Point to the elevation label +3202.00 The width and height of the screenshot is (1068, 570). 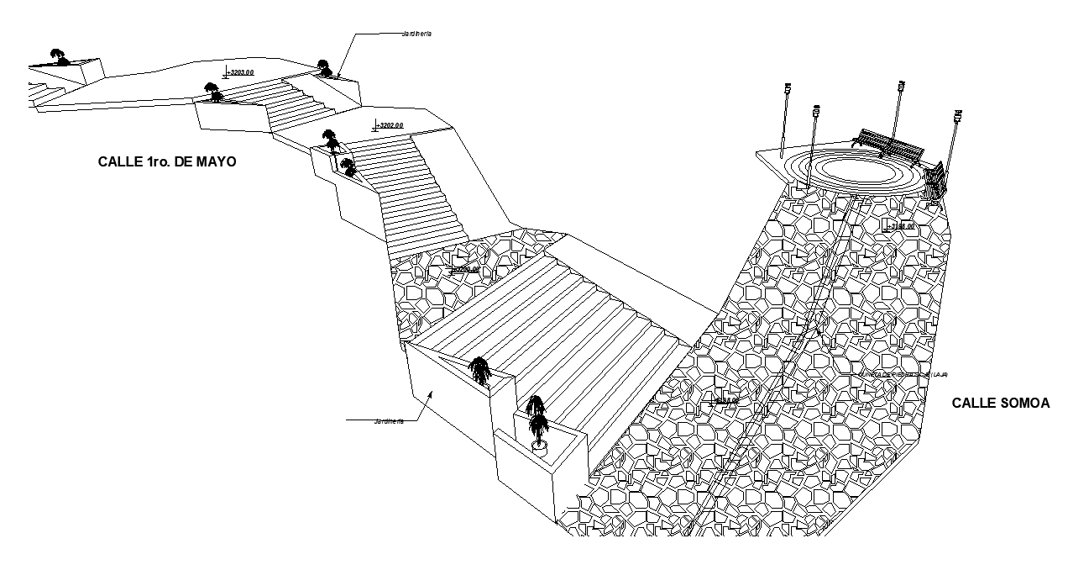pos(390,125)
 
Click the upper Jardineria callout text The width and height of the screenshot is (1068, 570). pos(416,34)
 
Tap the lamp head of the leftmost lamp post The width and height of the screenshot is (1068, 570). pos(788,87)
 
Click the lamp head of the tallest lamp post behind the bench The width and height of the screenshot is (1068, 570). pos(901,84)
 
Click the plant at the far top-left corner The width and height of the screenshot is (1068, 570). pos(58,57)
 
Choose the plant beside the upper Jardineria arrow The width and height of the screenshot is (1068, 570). pos(322,67)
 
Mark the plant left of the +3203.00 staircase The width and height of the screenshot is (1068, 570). pos(213,92)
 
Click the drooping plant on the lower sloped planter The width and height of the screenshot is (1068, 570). pos(479,370)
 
